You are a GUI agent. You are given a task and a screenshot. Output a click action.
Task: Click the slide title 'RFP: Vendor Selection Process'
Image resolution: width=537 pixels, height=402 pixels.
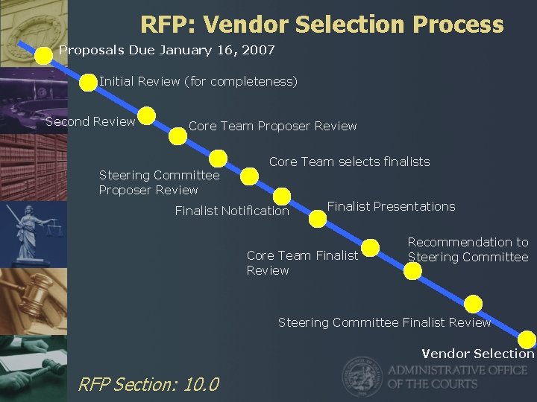321,25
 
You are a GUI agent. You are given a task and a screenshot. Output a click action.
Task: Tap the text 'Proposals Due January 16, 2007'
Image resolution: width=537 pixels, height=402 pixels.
167,51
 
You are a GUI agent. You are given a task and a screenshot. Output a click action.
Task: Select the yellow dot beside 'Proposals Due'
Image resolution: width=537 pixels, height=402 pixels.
47,51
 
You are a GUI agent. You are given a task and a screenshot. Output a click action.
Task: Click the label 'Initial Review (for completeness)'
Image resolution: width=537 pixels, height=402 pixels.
198,81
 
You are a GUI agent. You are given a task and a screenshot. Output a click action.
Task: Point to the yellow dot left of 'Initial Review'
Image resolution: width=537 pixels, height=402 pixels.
88,82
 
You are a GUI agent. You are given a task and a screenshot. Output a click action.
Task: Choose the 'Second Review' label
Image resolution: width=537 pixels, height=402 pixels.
90,121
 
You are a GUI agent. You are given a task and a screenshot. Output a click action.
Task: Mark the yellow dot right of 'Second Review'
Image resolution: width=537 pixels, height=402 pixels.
147,116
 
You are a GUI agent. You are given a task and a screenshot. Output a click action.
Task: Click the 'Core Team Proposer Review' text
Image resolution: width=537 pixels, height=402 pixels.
273,126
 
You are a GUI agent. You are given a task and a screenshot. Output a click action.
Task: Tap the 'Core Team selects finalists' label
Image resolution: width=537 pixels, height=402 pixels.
349,162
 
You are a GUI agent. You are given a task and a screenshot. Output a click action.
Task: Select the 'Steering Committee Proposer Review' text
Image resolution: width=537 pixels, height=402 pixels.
159,182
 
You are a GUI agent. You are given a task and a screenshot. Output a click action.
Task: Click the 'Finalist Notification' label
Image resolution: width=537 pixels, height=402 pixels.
232,211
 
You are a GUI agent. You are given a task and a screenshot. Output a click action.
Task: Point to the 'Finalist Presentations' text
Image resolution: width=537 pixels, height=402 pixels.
391,206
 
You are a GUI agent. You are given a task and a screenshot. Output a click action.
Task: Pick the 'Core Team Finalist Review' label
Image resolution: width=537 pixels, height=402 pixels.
302,263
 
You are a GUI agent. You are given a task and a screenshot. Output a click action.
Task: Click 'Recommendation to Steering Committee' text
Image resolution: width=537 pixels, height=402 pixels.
468,249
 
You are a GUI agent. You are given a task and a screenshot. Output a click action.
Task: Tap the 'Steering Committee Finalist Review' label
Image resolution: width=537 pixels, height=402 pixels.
384,322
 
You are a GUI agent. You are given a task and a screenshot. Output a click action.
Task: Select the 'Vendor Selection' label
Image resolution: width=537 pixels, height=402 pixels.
478,354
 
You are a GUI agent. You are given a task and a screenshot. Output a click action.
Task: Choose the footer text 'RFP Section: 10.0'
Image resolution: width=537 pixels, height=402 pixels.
148,384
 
